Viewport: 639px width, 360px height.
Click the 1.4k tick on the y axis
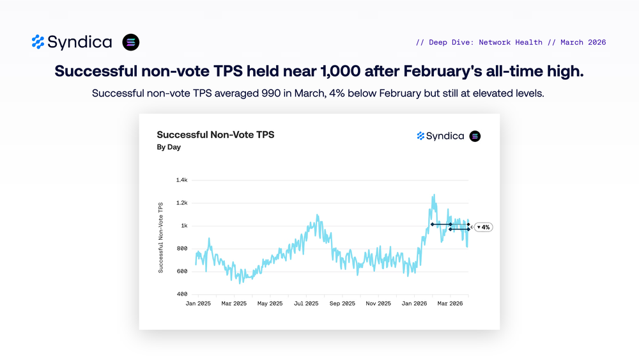(181, 180)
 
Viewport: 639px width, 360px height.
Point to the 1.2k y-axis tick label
(181, 203)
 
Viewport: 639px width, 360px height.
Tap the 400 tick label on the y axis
(182, 294)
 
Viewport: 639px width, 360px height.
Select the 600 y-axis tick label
(182, 271)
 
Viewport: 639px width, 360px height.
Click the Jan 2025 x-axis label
(198, 304)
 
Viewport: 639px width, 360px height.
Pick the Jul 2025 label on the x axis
(306, 304)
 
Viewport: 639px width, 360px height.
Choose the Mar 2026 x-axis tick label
(450, 304)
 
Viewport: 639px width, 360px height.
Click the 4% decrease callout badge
(483, 227)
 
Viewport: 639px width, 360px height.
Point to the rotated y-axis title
(161, 237)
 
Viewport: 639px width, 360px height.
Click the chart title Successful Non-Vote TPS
(215, 135)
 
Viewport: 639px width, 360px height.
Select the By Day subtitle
(169, 147)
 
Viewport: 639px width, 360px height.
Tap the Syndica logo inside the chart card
(440, 136)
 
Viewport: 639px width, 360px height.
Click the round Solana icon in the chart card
(475, 136)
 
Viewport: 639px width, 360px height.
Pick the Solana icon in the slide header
(131, 42)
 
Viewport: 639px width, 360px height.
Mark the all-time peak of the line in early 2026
(434, 194)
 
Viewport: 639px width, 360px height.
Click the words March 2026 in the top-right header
(583, 42)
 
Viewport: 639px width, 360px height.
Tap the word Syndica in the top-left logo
(80, 42)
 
